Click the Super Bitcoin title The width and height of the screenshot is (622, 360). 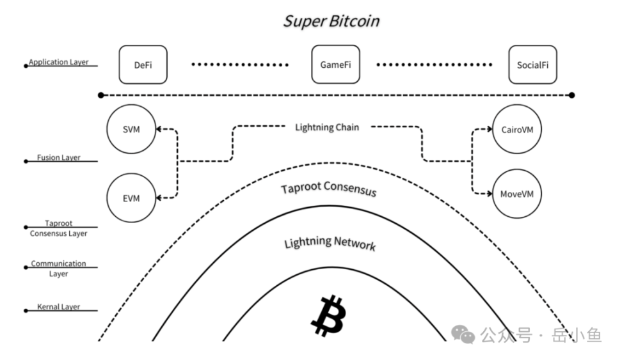(x=331, y=20)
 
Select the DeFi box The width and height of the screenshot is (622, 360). (x=143, y=65)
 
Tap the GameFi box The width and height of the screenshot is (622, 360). (x=335, y=65)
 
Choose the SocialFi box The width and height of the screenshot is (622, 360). (x=532, y=65)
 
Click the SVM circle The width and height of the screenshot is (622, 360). (x=131, y=129)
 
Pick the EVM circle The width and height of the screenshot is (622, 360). (x=131, y=198)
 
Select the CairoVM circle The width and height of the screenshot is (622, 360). (x=518, y=129)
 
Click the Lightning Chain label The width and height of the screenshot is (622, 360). (x=327, y=127)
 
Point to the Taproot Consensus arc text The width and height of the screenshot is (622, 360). (x=328, y=189)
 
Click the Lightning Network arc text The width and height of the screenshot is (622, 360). (x=330, y=242)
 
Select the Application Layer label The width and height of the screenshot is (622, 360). (x=58, y=63)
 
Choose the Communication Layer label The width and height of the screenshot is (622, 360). (x=58, y=269)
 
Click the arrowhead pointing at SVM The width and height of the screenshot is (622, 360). (x=159, y=129)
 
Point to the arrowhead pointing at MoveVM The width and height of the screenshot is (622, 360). (x=490, y=192)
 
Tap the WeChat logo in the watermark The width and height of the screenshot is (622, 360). (x=463, y=333)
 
